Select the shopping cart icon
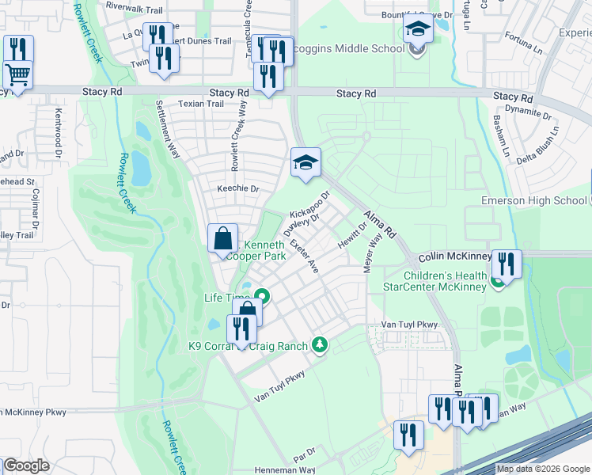17,76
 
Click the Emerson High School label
535,200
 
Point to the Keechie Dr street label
238,189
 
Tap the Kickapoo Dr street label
309,204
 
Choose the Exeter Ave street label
304,256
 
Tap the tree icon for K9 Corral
320,344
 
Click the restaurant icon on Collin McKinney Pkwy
506,263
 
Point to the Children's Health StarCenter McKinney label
446,281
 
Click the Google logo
25,466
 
